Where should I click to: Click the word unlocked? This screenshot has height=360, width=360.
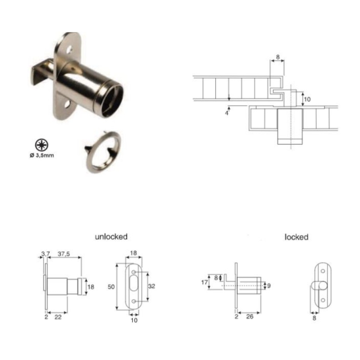click(x=111, y=237)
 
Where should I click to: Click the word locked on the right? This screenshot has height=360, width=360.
click(x=297, y=237)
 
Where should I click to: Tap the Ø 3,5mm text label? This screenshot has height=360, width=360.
click(x=42, y=155)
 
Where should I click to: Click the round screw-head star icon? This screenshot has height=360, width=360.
click(x=42, y=145)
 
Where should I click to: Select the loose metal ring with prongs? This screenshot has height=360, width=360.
click(x=103, y=152)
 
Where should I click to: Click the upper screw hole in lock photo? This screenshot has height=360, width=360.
click(x=69, y=49)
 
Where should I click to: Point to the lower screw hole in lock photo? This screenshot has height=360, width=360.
click(x=67, y=105)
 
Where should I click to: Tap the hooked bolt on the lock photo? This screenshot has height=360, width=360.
click(x=42, y=71)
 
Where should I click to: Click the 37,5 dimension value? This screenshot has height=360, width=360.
click(x=64, y=254)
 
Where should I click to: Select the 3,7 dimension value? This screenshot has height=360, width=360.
click(x=45, y=254)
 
